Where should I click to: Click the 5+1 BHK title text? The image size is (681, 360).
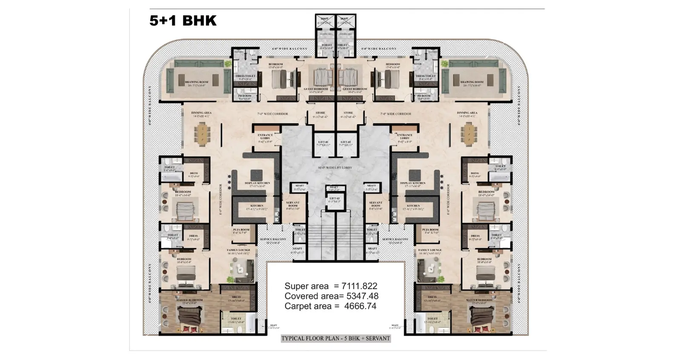183,20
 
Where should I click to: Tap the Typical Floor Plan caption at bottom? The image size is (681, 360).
336,339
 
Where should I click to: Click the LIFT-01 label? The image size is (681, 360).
323,143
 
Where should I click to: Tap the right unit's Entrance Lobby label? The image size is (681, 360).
404,136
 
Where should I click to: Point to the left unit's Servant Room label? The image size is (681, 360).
293,204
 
